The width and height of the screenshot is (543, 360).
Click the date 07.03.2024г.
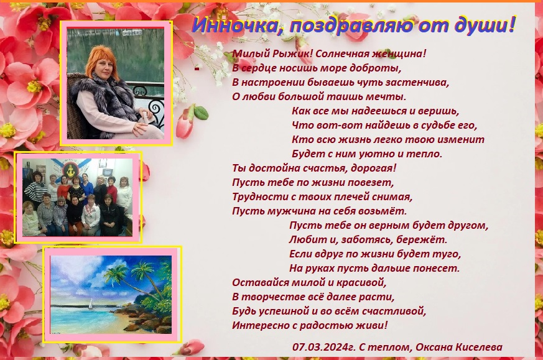(324, 347)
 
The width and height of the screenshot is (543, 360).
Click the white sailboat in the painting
(91, 304)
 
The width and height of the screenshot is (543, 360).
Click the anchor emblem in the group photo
(71, 170)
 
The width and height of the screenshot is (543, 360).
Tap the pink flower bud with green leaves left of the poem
(189, 120)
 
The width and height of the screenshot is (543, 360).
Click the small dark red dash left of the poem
(197, 69)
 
